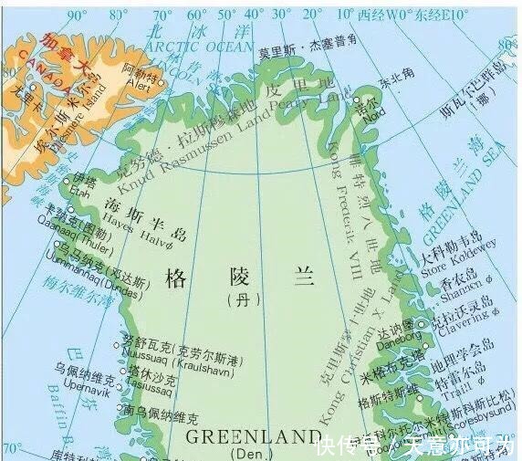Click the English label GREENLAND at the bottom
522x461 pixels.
click(x=245, y=436)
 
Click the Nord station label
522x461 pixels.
click(x=367, y=113)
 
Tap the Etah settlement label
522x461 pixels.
click(x=80, y=194)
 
